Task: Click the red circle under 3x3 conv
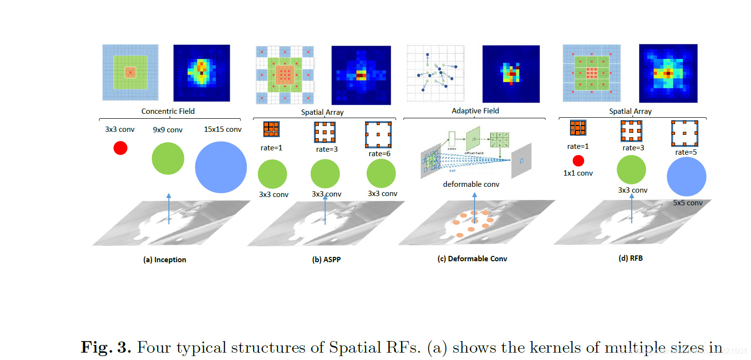pyautogui.click(x=120, y=148)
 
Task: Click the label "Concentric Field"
pyautogui.click(x=168, y=111)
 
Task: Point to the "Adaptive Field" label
pyautogui.click(x=475, y=110)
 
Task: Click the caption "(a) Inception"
pyautogui.click(x=165, y=260)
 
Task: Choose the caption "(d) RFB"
pyautogui.click(x=630, y=258)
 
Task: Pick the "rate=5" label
pyautogui.click(x=685, y=152)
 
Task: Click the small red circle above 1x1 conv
pyautogui.click(x=578, y=161)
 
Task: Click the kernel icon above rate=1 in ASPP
pyautogui.click(x=271, y=129)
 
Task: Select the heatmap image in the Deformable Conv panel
pyautogui.click(x=511, y=74)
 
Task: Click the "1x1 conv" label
pyautogui.click(x=578, y=173)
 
